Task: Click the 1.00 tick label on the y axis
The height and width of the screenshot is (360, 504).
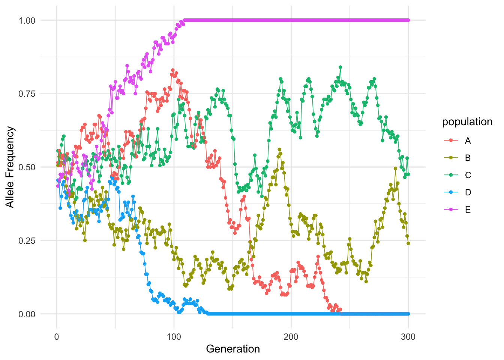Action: coord(27,20)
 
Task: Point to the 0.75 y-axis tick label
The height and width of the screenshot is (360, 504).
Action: coord(27,94)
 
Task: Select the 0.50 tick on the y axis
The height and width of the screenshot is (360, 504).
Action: coord(27,167)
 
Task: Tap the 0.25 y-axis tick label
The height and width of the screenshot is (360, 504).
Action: coord(27,240)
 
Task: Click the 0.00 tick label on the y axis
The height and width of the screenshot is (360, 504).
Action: coord(27,314)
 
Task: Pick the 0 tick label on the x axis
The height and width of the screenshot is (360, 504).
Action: coord(57,337)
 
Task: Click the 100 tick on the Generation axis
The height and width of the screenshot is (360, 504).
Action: coord(174,337)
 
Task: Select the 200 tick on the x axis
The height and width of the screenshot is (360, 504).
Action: coord(291,337)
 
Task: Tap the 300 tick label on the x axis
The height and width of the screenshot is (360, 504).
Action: coord(408,337)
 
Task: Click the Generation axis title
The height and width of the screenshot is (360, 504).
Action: coord(233,349)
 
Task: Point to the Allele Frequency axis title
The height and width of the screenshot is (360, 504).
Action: coord(10,167)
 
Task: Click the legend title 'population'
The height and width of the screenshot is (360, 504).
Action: coord(467,122)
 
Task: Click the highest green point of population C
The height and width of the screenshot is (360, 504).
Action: coord(340,67)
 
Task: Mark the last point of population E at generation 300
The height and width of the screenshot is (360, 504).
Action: coord(408,20)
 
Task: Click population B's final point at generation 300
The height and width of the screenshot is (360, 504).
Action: coord(408,243)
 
